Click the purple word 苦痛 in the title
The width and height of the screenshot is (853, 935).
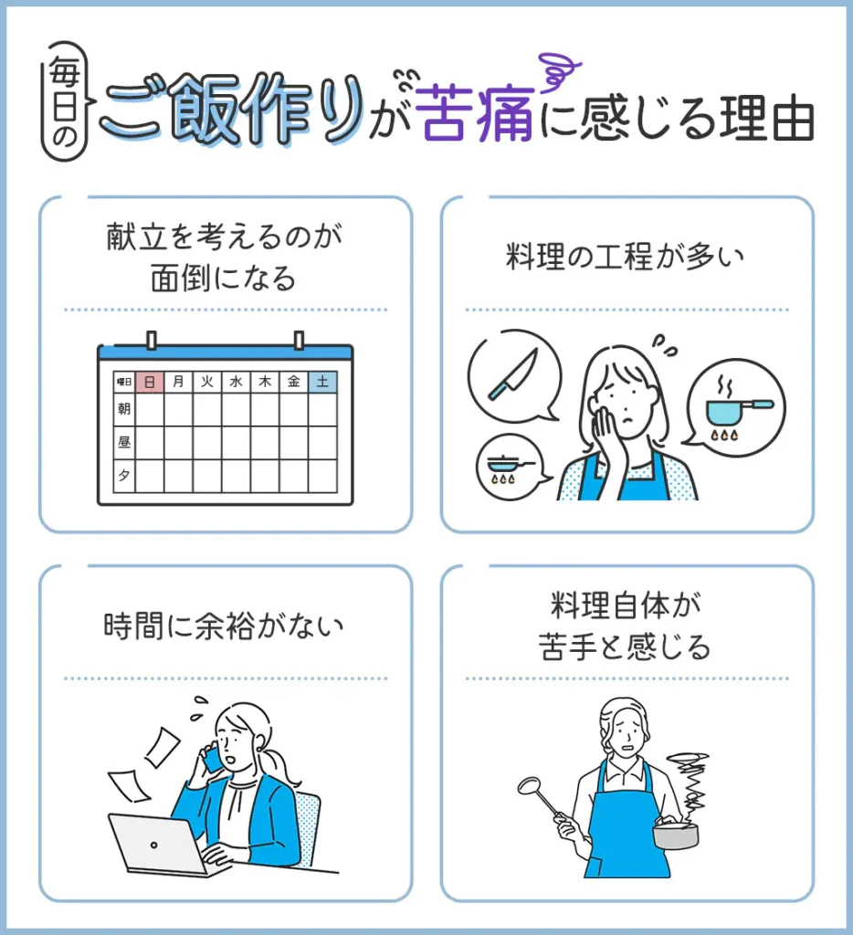tap(474, 113)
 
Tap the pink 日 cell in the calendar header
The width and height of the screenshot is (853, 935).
tap(150, 382)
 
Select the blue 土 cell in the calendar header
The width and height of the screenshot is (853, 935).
tap(322, 382)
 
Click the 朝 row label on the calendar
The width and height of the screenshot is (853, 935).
tap(124, 408)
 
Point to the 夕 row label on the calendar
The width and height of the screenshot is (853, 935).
tap(124, 475)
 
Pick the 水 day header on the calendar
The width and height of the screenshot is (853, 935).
tap(237, 382)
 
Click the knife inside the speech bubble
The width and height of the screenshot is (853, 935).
tap(513, 373)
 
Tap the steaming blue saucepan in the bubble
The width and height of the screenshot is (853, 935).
tap(737, 408)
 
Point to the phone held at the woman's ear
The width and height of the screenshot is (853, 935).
tap(211, 757)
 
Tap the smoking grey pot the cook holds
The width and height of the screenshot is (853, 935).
tap(675, 833)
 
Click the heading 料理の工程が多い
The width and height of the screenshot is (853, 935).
tap(625, 257)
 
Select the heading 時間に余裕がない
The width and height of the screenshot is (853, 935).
tap(224, 626)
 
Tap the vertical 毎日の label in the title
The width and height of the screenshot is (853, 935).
tap(65, 101)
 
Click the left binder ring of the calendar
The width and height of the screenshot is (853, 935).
tap(152, 341)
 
